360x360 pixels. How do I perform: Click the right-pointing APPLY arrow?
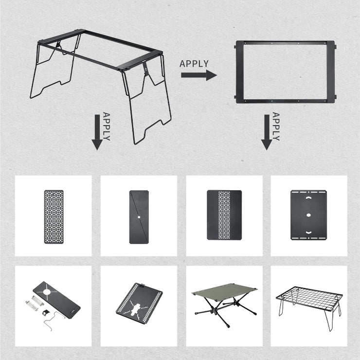(x=198, y=75)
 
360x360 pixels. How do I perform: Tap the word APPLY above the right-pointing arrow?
(x=194, y=64)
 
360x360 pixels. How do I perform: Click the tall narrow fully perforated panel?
(x=54, y=216)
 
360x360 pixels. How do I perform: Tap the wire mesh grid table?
(x=308, y=297)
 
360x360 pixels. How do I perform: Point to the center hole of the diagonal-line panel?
(x=139, y=216)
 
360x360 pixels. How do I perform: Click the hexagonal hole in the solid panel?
(x=309, y=214)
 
